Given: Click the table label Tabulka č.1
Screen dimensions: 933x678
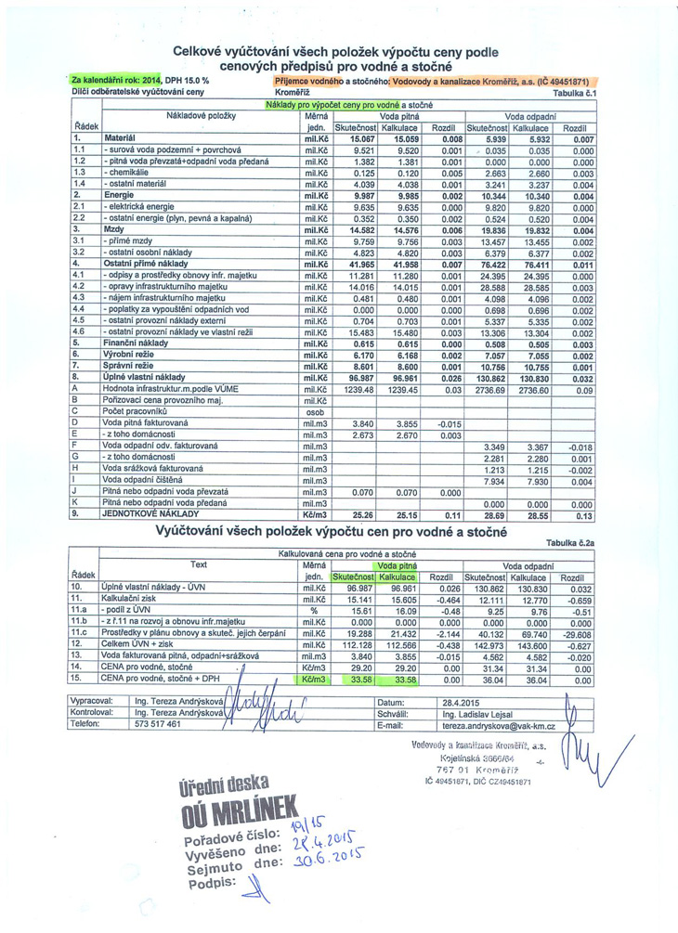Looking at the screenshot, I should click(573, 94).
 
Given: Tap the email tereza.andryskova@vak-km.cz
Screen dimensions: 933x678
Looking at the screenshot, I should click(499, 726).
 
